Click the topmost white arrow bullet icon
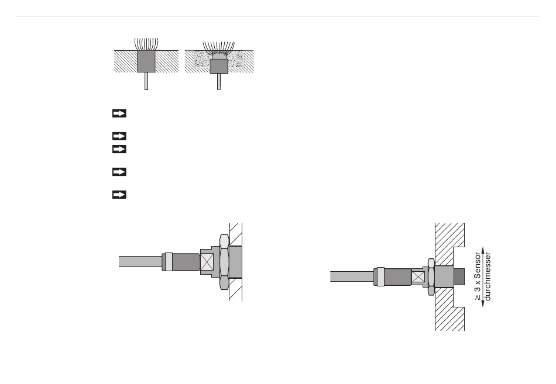point(119,113)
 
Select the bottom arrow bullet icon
point(119,195)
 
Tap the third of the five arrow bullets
point(119,149)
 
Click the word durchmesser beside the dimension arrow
point(488,276)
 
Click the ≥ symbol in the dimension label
point(478,297)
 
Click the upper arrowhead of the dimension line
point(483,250)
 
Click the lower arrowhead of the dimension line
point(483,303)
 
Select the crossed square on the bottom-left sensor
point(207,262)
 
